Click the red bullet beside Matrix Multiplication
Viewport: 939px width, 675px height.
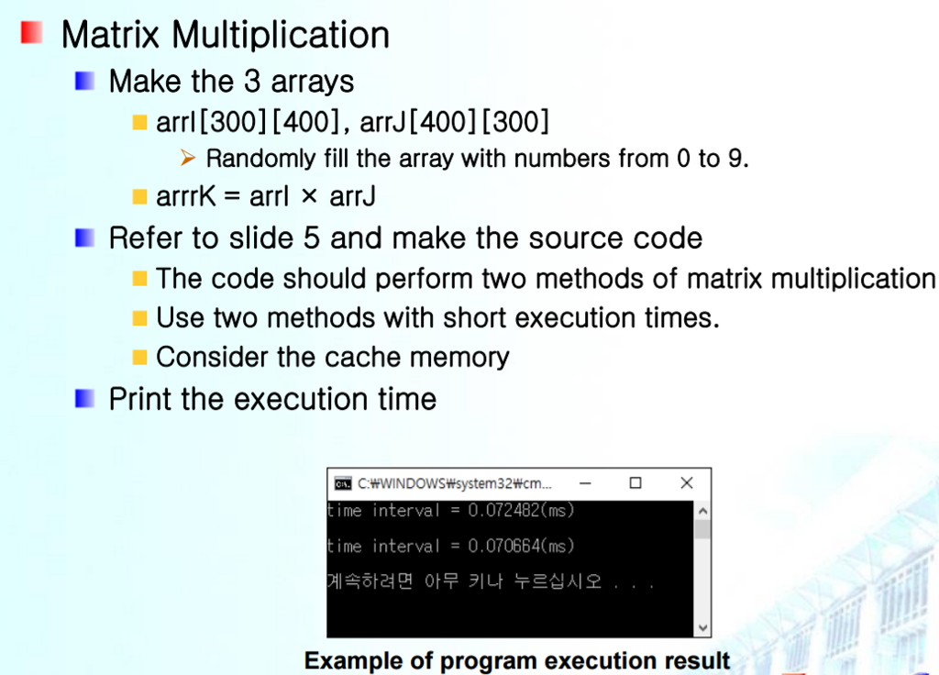pos(32,32)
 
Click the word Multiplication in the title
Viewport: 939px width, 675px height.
pos(281,35)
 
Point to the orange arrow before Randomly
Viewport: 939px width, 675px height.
pos(188,158)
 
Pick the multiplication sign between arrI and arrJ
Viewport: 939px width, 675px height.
pos(309,196)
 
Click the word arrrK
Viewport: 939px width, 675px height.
pos(185,196)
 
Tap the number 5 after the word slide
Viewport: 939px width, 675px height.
pos(312,238)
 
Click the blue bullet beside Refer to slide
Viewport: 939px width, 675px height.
pos(84,238)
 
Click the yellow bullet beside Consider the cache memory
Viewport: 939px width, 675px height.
pos(139,358)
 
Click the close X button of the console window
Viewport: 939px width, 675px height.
pos(687,482)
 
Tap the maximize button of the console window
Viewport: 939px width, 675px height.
pos(635,482)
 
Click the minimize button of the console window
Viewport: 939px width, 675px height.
pos(585,483)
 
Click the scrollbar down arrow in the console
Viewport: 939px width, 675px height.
pos(703,627)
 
